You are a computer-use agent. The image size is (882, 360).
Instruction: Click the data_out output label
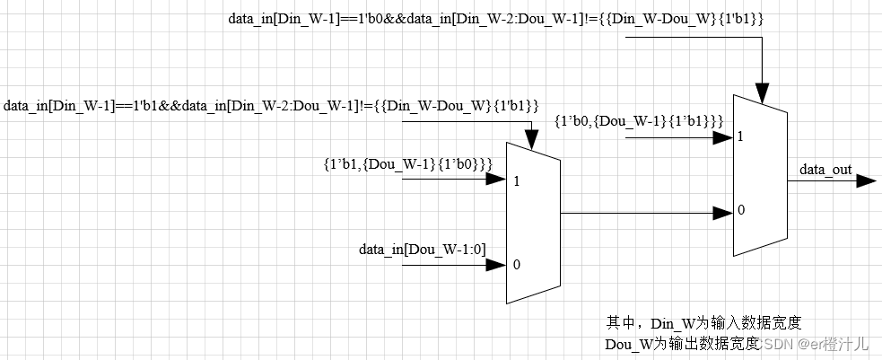click(825, 169)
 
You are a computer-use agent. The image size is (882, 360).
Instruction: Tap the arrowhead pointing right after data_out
click(866, 180)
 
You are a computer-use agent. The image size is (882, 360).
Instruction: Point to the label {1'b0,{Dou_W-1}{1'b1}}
click(640, 120)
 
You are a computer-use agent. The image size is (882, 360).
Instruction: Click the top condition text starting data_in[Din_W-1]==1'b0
click(495, 18)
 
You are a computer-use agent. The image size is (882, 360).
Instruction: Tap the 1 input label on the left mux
click(518, 180)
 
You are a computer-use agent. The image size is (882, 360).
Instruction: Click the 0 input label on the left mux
click(517, 265)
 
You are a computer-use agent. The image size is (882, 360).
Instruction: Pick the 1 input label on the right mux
click(740, 137)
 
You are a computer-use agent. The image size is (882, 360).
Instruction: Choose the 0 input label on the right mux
click(740, 210)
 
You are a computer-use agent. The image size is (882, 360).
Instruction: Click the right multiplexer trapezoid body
click(760, 175)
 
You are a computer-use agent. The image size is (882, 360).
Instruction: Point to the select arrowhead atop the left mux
click(531, 140)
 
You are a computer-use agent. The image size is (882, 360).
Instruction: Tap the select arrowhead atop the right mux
click(762, 93)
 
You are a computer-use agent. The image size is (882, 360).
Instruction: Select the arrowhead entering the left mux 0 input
click(496, 265)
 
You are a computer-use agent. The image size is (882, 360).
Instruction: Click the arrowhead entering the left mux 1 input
click(496, 180)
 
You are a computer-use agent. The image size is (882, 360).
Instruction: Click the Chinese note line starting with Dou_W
click(682, 343)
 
